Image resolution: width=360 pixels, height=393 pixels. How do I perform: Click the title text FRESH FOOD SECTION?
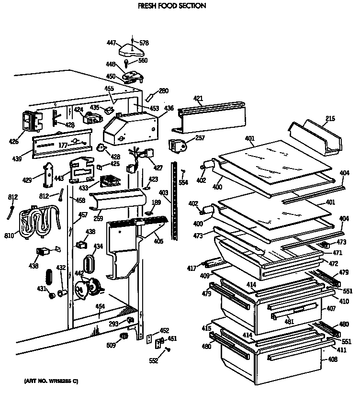(x=165, y=6)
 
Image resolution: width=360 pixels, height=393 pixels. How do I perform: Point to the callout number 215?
(x=330, y=118)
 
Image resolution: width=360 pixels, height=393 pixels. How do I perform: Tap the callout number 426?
(x=13, y=141)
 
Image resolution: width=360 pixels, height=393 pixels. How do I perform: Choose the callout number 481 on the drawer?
(x=289, y=322)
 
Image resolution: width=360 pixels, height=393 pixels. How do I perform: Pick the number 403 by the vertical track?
(x=164, y=192)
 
